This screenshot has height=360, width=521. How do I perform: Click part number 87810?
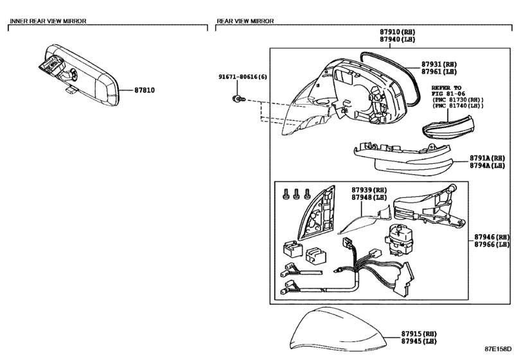click(145, 90)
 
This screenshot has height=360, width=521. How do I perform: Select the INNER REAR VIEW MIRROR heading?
click(48, 21)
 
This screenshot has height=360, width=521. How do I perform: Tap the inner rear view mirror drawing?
click(78, 75)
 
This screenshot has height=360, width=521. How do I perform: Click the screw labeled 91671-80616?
click(238, 99)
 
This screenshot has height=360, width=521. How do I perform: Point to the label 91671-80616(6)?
click(243, 76)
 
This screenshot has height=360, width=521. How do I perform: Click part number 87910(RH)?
click(398, 32)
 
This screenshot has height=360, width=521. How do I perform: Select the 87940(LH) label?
click(398, 39)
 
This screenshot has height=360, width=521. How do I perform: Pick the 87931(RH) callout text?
click(439, 64)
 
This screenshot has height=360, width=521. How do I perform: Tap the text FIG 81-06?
click(448, 94)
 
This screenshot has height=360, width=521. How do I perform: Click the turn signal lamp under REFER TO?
click(448, 128)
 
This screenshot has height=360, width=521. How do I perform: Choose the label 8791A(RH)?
click(487, 158)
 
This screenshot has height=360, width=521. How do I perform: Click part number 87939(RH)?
click(369, 190)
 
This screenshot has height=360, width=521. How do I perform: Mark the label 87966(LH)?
click(491, 244)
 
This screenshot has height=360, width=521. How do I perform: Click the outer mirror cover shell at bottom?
click(337, 329)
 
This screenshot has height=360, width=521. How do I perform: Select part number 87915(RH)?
click(419, 334)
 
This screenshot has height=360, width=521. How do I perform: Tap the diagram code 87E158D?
click(498, 348)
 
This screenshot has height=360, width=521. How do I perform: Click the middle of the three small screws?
click(296, 194)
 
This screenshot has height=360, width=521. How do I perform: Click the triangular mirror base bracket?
click(317, 213)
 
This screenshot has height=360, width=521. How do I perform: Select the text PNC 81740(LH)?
click(458, 105)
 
